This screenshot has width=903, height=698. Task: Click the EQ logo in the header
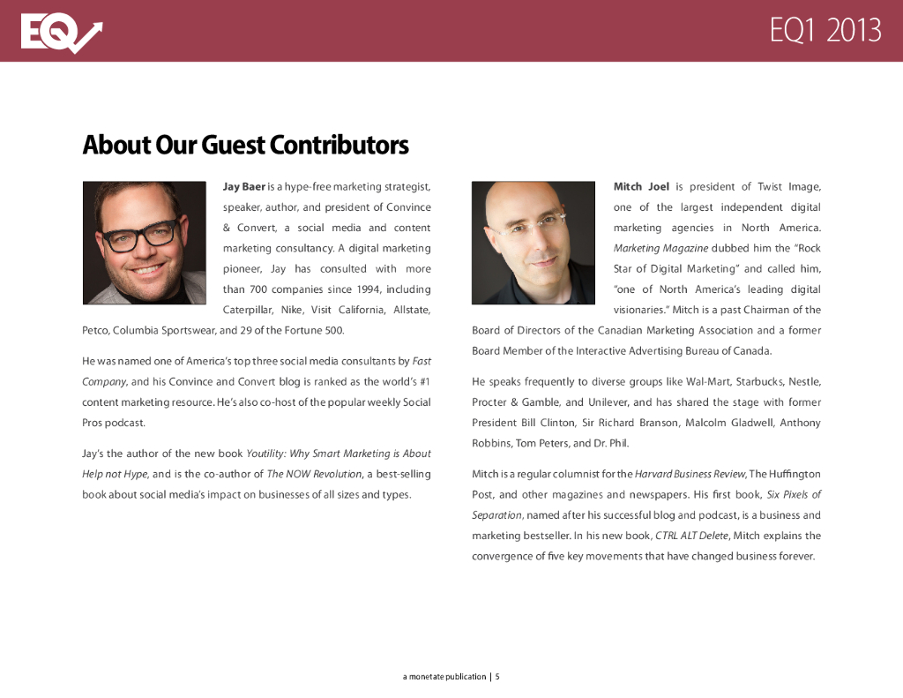coord(61,34)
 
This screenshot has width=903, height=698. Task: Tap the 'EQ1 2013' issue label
coord(825,31)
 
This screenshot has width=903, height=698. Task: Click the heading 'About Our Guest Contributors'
coord(245,144)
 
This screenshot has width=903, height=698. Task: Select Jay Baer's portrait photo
coord(144,243)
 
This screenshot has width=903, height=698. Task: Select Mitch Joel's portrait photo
coord(534,243)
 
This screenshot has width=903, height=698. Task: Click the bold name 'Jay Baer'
coord(244,187)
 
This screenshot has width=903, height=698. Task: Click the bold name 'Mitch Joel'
coord(641,187)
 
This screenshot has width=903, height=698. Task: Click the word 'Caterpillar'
coord(248,310)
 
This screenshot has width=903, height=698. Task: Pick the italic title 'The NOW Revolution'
coord(314,474)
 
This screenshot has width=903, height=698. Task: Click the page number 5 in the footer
coord(497,677)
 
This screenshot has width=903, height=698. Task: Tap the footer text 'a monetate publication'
coord(444,677)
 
